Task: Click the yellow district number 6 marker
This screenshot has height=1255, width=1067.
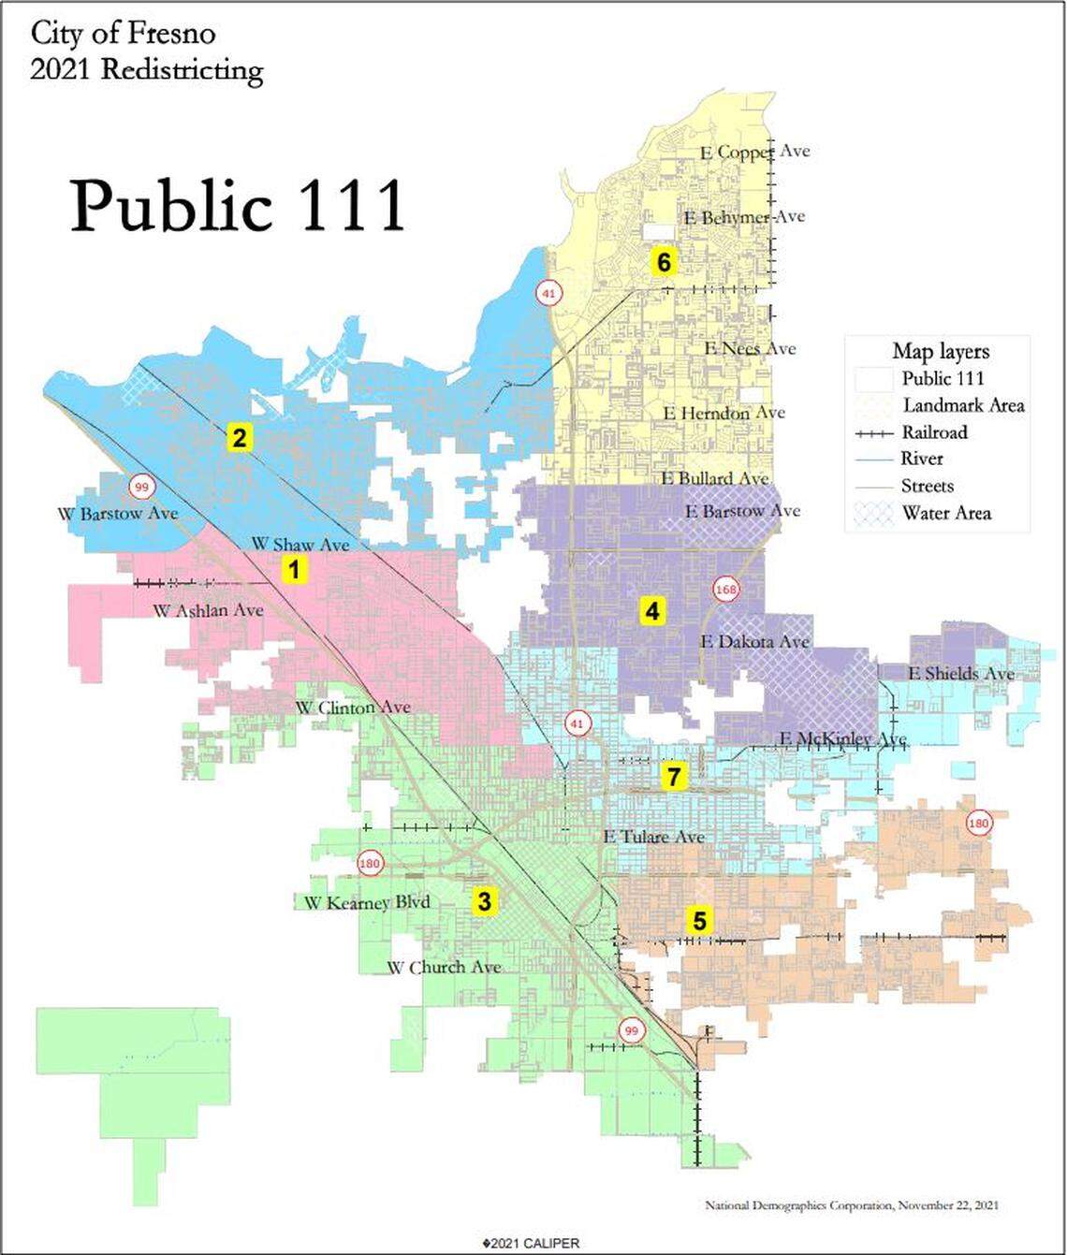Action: [664, 262]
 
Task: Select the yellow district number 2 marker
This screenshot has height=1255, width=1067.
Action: [240, 437]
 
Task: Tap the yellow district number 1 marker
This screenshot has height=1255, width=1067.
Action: [295, 569]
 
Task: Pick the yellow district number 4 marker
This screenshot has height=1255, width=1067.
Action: [651, 612]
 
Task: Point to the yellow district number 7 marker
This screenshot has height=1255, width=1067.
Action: [673, 776]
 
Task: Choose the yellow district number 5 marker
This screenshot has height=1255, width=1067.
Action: [699, 920]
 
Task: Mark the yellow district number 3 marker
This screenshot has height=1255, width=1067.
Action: [484, 901]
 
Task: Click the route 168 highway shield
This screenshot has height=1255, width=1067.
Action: [725, 589]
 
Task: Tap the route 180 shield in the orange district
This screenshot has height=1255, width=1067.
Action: [979, 824]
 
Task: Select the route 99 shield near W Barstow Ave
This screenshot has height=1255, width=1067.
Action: [141, 486]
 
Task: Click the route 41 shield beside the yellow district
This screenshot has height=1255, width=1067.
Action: [548, 293]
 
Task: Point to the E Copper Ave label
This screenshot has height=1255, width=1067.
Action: [754, 152]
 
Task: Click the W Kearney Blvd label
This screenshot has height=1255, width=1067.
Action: [367, 902]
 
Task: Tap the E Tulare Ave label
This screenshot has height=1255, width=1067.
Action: [654, 836]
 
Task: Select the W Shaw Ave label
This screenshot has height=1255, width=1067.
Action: [300, 544]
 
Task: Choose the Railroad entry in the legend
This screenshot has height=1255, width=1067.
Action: [934, 432]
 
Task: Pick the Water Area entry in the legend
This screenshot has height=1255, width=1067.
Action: [946, 513]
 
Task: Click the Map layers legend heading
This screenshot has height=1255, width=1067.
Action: [941, 352]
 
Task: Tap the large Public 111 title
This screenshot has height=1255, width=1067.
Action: [238, 205]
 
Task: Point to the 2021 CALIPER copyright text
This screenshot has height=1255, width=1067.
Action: [531, 1243]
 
